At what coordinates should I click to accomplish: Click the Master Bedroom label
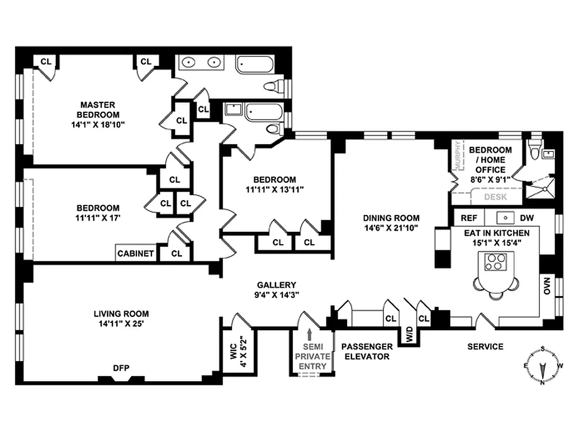click(x=98, y=115)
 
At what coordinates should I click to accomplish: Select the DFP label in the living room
click(x=121, y=368)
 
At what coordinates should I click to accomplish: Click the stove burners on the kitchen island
click(x=494, y=262)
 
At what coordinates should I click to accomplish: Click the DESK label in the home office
click(x=495, y=197)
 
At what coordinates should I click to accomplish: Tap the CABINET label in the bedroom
click(x=136, y=253)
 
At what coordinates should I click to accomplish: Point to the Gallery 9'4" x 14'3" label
click(x=277, y=289)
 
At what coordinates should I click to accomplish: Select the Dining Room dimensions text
click(x=391, y=228)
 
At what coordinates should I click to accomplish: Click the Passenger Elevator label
click(x=366, y=351)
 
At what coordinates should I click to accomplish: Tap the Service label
click(x=485, y=346)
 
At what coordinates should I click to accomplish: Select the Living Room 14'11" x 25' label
click(x=121, y=318)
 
